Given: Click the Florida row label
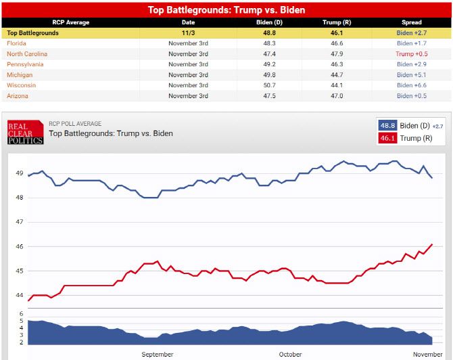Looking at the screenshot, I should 17,43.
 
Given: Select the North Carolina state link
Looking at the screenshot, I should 27,53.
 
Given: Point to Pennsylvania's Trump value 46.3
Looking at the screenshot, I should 336,64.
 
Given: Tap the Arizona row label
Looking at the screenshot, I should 18,96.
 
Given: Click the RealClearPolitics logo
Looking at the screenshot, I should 25,132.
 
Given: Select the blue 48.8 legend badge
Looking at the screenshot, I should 388,126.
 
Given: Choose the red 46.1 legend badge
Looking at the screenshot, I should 388,138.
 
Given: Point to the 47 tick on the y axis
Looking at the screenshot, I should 20,222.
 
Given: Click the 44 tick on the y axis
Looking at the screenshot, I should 20,295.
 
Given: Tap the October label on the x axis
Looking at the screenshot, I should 290,354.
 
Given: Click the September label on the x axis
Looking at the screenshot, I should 158,354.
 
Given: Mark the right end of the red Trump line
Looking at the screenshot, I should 432,244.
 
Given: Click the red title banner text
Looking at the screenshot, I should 226,10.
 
